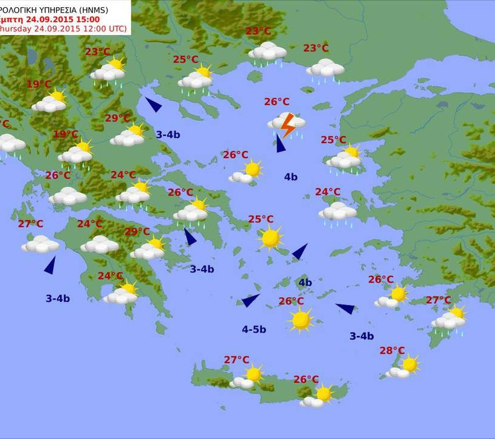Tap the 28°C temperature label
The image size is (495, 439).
click(x=392, y=350)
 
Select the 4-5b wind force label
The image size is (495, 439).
click(x=254, y=329)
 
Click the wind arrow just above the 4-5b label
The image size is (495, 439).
click(x=250, y=300)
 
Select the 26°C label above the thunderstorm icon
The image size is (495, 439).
click(x=276, y=101)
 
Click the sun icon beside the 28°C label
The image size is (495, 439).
click(x=409, y=364)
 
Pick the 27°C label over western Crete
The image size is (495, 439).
click(x=237, y=360)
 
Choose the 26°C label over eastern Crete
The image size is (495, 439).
click(x=306, y=379)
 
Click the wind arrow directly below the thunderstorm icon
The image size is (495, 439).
click(x=280, y=144)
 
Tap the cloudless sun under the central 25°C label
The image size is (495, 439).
click(x=270, y=238)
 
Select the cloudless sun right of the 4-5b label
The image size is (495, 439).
click(x=300, y=319)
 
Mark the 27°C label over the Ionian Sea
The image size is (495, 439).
click(x=30, y=223)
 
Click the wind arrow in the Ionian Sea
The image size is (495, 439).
click(x=49, y=265)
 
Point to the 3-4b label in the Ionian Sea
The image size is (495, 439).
click(x=57, y=298)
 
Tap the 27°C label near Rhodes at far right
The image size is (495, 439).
click(x=438, y=300)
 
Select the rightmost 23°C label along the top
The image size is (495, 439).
click(x=316, y=48)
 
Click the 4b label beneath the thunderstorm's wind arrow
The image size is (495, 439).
click(x=290, y=177)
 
